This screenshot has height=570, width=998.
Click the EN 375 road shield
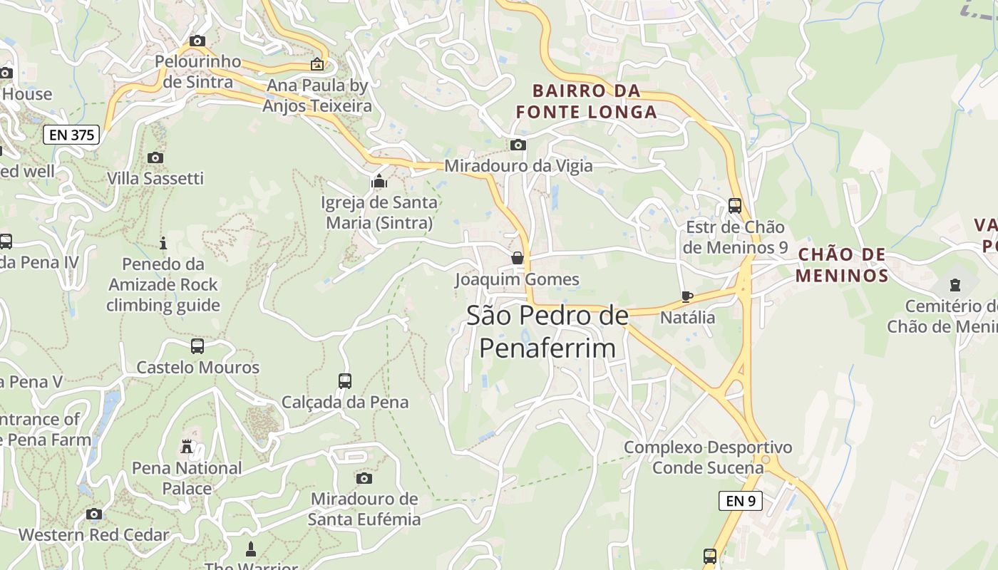tap(71, 134)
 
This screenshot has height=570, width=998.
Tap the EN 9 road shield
tap(740, 501)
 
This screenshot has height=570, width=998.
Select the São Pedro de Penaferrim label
tap(547, 331)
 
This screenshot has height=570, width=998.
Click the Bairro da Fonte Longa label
tap(586, 101)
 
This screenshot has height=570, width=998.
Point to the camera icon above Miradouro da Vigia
tap(518, 145)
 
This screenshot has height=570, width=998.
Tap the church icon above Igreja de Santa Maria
tap(379, 182)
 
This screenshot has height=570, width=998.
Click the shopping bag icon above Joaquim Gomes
tap(518, 258)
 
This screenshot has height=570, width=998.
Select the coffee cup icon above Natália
tap(686, 296)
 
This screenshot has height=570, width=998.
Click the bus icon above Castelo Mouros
tap(197, 346)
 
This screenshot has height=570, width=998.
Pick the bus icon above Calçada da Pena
tap(345, 381)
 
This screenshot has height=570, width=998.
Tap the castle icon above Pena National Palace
tap(187, 447)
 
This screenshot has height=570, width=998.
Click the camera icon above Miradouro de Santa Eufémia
tap(364, 478)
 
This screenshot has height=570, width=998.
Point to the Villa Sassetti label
tap(155, 178)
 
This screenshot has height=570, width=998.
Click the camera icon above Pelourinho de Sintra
tap(197, 41)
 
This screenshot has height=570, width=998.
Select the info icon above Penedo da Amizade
tap(163, 244)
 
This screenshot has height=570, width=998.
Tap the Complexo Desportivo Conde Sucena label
tap(708, 457)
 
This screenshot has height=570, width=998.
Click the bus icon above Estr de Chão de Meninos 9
tap(735, 206)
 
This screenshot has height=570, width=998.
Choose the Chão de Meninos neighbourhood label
tap(841, 265)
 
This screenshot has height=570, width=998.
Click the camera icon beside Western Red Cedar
tap(93, 514)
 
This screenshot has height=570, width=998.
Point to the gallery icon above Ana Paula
tap(317, 65)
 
